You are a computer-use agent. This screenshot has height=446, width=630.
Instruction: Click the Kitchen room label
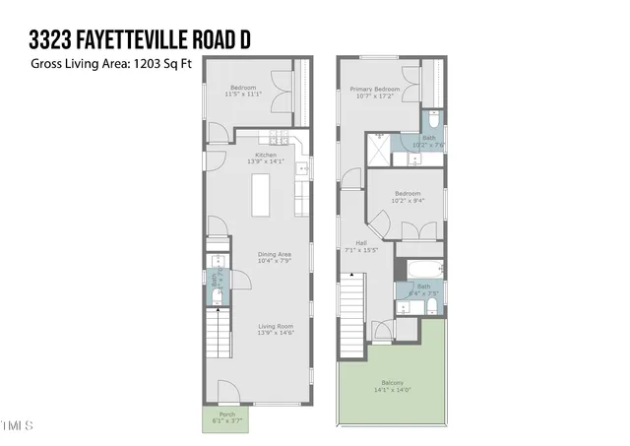[266, 155]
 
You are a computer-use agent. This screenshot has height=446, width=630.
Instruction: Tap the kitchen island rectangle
[262, 195]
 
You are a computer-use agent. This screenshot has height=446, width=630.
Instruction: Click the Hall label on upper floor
[362, 245]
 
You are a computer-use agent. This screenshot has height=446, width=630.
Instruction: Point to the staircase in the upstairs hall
[351, 315]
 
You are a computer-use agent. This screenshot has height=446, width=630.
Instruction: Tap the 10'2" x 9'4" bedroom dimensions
[408, 200]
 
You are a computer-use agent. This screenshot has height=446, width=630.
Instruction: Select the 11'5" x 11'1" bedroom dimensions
[244, 94]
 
